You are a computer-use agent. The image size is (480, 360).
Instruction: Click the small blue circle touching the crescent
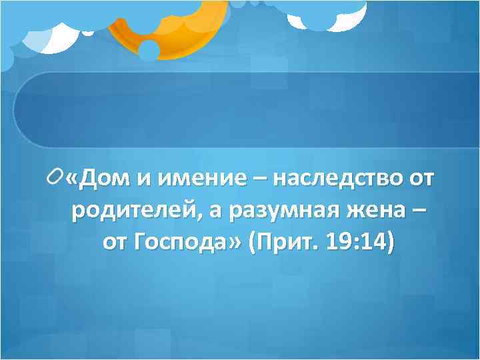click(149, 50)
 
